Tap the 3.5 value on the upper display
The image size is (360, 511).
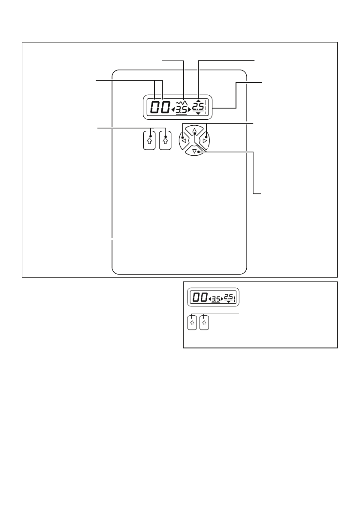[x=181, y=111]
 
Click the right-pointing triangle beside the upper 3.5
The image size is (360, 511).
[x=189, y=111]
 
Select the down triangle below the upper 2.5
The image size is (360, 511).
[x=198, y=113]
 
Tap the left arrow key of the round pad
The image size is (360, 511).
[x=183, y=140]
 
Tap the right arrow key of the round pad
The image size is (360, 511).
[x=205, y=140]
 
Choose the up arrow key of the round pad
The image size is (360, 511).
[x=194, y=130]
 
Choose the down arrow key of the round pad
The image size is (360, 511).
[x=194, y=151]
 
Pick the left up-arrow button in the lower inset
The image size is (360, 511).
[x=193, y=323]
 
